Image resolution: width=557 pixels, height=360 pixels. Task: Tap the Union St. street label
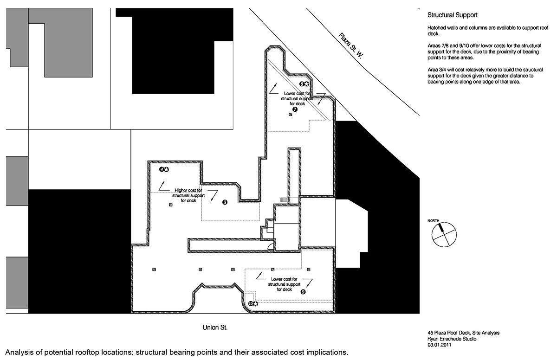click(x=215, y=328)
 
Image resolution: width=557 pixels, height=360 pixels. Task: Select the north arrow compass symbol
click(x=444, y=235)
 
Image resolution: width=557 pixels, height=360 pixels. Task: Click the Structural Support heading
click(x=448, y=15)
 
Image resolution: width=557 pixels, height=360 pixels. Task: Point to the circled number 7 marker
click(x=295, y=109)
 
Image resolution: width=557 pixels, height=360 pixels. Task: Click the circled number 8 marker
click(x=302, y=84)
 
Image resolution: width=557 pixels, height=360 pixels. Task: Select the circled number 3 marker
click(x=225, y=202)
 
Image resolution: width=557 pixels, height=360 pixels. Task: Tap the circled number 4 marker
click(x=162, y=170)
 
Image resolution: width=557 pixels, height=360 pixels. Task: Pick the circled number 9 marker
click(x=303, y=292)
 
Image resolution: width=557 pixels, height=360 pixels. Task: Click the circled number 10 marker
click(x=251, y=303)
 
